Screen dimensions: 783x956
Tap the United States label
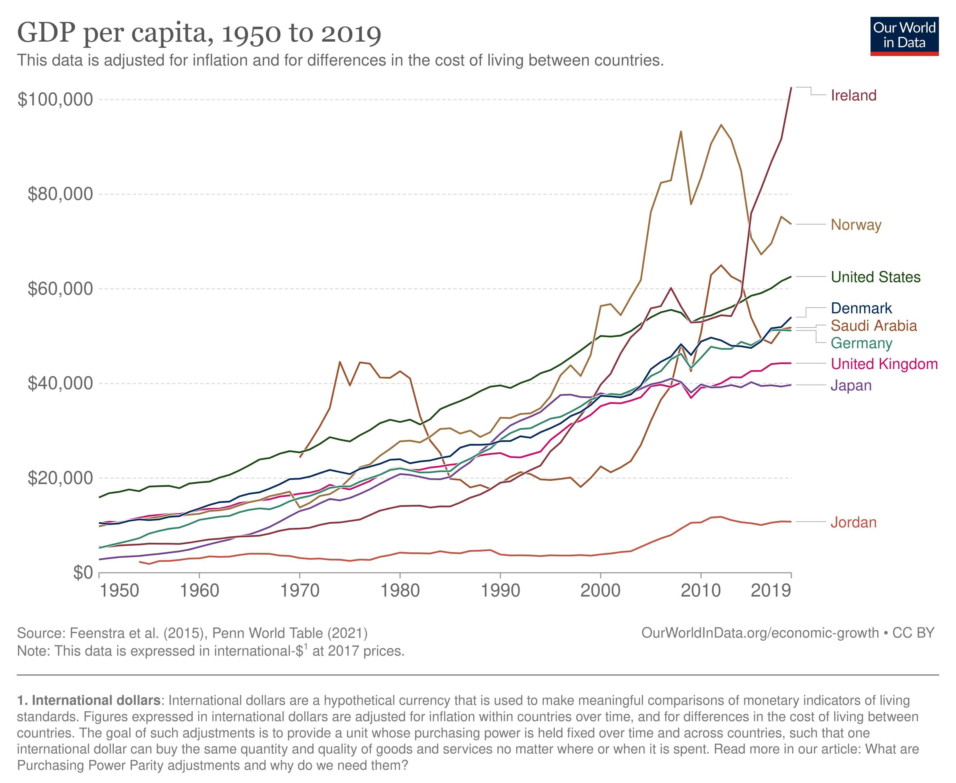[x=875, y=277]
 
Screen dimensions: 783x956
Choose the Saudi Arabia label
[x=874, y=326]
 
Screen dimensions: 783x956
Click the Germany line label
[x=861, y=343]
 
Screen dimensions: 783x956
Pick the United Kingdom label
[x=884, y=364]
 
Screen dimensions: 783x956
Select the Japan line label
[x=851, y=386]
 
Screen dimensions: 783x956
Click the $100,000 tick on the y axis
[x=55, y=100]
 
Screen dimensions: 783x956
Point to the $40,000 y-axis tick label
[x=60, y=383]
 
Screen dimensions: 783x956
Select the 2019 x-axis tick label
[x=771, y=590]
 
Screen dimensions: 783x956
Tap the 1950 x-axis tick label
[x=119, y=590]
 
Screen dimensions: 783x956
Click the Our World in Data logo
[x=904, y=36]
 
